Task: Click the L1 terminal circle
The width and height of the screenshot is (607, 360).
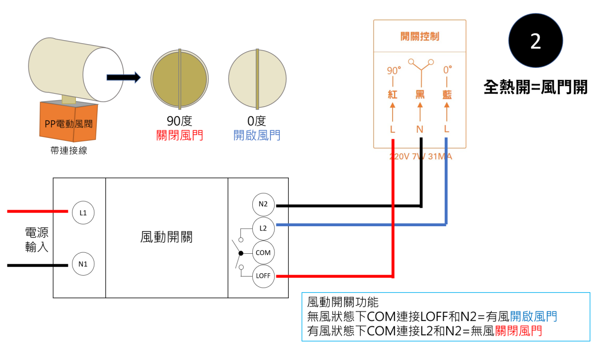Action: coord(83,212)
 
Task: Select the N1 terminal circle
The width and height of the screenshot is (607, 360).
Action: coord(83,264)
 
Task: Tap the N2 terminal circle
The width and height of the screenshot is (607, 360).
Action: coord(263,205)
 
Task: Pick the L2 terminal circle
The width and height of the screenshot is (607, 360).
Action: coord(263,228)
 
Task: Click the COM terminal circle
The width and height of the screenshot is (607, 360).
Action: coord(263,253)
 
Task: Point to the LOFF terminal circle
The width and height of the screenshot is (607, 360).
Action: coord(263,276)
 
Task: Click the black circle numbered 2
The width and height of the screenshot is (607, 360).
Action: coord(535,41)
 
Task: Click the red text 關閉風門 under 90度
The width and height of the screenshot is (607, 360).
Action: coord(179,136)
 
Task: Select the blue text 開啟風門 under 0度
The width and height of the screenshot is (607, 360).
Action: coord(257,136)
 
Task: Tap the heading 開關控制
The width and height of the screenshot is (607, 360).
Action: coord(420,37)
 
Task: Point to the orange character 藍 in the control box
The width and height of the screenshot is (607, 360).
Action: coord(446,94)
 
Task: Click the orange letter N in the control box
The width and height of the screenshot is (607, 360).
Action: coord(420,129)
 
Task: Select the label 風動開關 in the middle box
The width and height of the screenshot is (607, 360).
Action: coord(166,237)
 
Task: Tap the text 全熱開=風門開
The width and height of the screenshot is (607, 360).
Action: coord(535,87)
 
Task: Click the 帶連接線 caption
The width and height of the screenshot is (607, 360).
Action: coord(68,151)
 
